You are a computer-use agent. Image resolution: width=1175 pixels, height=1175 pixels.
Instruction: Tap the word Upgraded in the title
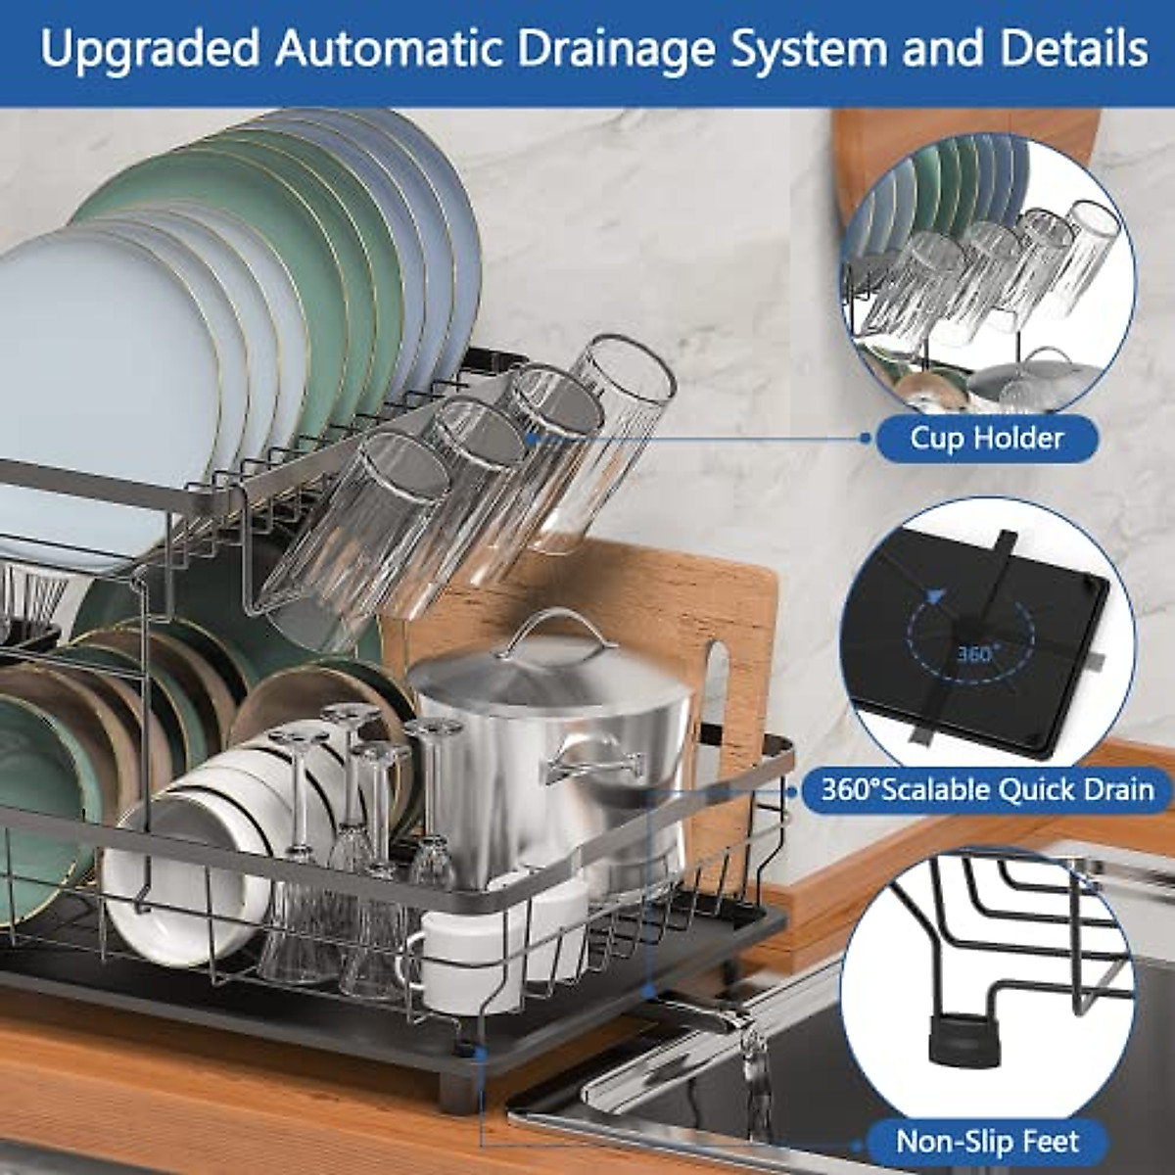pyautogui.click(x=147, y=49)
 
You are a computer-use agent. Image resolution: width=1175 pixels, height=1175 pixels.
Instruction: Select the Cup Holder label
pyautogui.click(x=986, y=437)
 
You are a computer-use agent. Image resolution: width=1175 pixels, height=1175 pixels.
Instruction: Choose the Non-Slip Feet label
pyautogui.click(x=987, y=1141)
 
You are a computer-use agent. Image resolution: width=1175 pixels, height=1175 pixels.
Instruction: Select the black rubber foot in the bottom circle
pyautogui.click(x=958, y=1038)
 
